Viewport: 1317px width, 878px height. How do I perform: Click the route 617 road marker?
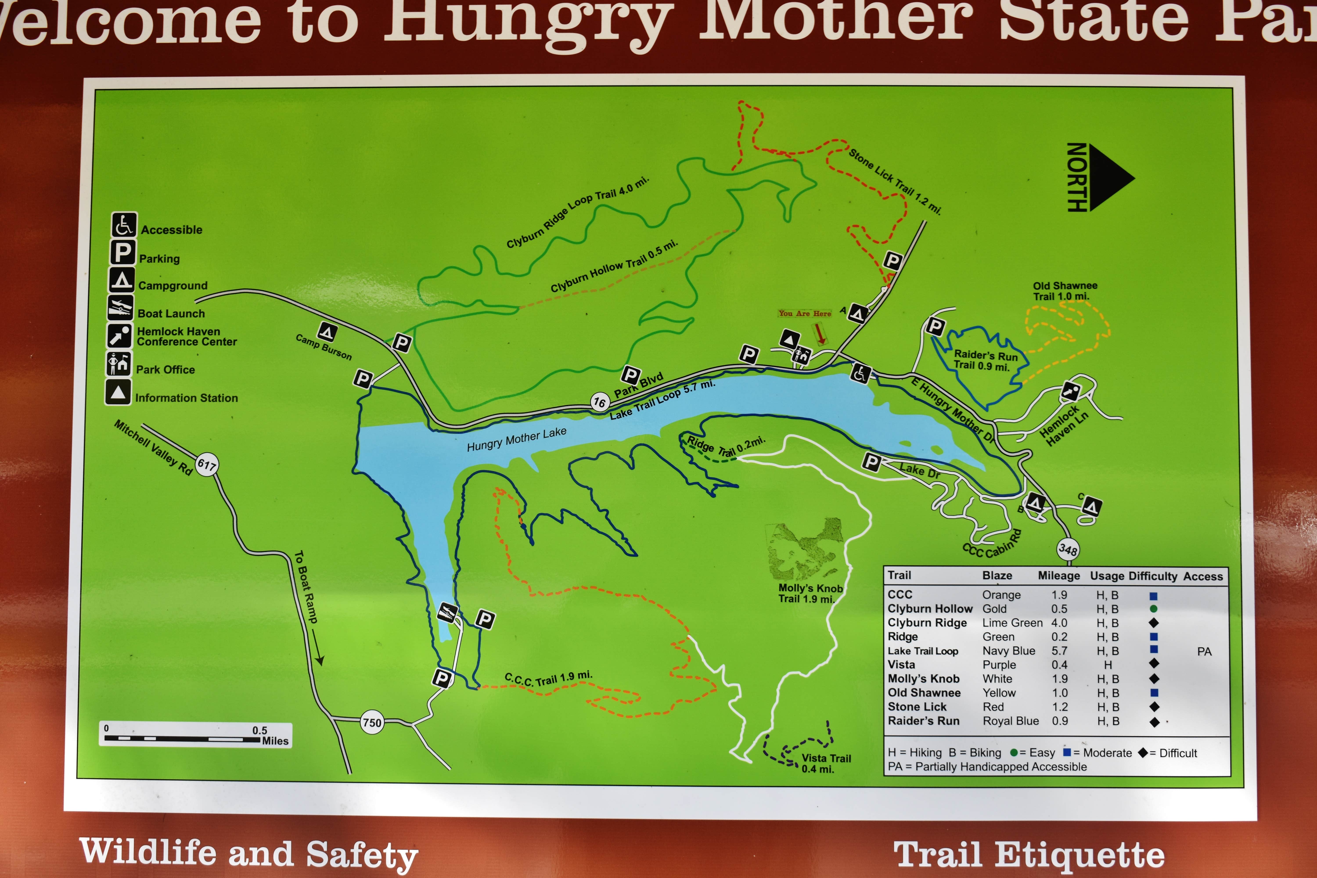click(x=207, y=464)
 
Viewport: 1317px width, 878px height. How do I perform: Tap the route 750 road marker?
click(x=372, y=722)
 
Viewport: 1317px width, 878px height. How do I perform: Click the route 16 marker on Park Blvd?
click(x=600, y=402)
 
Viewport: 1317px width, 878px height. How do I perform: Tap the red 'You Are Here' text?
click(x=805, y=314)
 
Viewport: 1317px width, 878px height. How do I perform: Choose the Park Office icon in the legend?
click(x=119, y=364)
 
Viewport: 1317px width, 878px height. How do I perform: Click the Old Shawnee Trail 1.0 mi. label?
click(x=1064, y=291)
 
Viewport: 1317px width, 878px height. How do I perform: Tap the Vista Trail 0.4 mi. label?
click(x=826, y=763)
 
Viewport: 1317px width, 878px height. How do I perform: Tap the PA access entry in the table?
click(x=1204, y=651)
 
